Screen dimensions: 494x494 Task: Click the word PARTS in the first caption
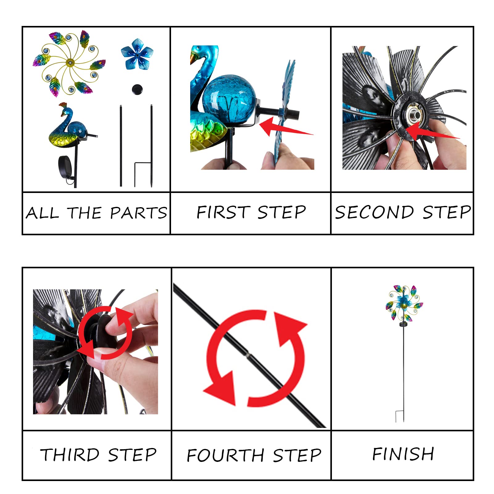coord(139,213)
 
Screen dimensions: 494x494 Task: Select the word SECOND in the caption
coord(375,212)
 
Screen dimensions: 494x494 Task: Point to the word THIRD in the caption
coord(70,455)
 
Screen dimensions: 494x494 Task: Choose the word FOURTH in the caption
coord(225,455)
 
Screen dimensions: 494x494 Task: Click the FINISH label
coord(403,454)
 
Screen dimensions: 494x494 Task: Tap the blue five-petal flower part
coord(137,54)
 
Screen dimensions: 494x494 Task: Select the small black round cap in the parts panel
coord(137,89)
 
